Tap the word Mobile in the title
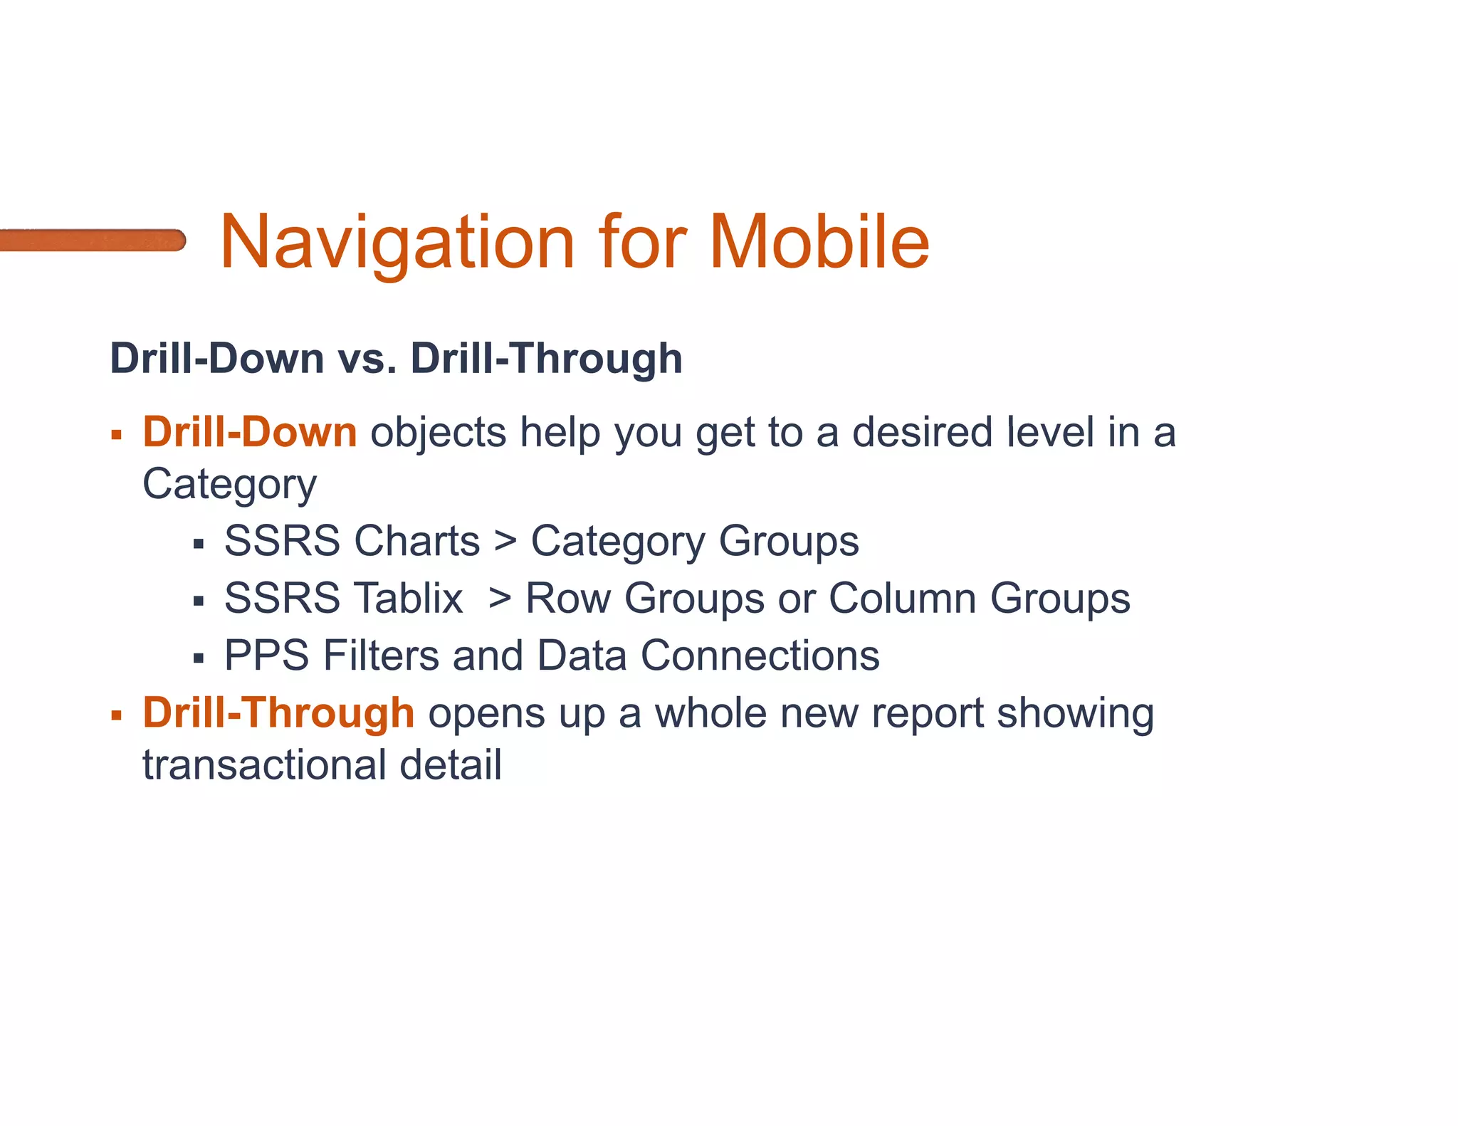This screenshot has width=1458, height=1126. coord(819,243)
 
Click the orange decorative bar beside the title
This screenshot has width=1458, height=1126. coord(93,240)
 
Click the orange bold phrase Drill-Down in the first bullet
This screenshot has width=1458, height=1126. coord(250,432)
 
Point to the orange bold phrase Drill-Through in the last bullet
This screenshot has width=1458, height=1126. coord(278,712)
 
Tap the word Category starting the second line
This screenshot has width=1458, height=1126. coord(229,485)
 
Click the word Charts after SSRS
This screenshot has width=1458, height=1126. coord(416,541)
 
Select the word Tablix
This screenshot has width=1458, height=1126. coord(409,598)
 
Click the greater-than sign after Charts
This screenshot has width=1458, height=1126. coord(505,541)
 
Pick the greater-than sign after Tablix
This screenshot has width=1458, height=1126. coord(500,598)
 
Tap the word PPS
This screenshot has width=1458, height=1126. coord(266,656)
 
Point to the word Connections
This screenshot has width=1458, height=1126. coord(760,656)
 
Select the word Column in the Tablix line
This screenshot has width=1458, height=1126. coord(902,598)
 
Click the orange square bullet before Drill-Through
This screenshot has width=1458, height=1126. coord(117,715)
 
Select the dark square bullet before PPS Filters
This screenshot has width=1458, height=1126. coord(199,658)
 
